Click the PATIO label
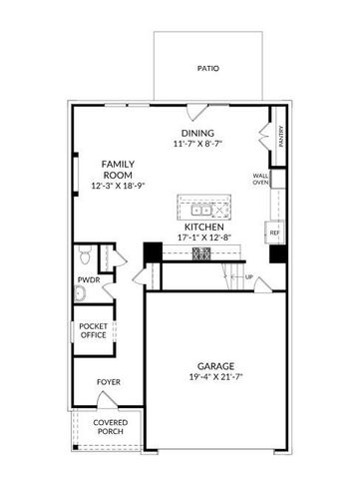[207, 69]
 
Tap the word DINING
[197, 134]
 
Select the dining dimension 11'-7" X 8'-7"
[197, 145]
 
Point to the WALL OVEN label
[261, 180]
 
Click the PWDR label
[87, 281]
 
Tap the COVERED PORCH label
[110, 426]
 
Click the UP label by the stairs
[249, 276]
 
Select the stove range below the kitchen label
[200, 253]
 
